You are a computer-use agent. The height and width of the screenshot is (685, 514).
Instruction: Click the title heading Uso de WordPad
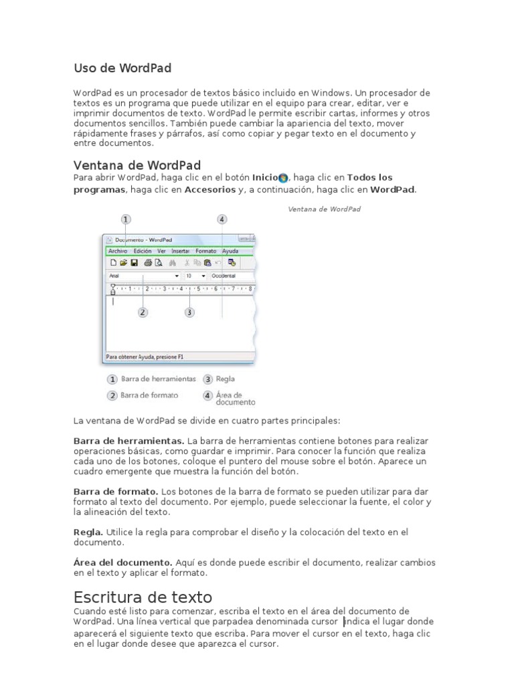click(122, 68)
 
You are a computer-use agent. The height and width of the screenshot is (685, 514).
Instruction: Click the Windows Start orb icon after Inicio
click(283, 178)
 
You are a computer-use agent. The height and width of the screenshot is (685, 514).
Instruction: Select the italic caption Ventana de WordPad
click(324, 209)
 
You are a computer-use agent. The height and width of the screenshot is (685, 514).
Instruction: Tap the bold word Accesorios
click(209, 190)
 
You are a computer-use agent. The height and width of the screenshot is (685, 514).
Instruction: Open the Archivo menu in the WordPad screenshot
click(117, 251)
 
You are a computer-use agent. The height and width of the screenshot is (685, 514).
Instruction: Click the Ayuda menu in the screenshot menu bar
click(230, 251)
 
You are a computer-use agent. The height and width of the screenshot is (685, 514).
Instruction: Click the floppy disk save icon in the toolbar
click(134, 263)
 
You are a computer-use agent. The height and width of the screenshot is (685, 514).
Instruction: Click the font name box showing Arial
click(141, 276)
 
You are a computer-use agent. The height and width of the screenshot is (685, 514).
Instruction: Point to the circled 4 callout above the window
click(222, 219)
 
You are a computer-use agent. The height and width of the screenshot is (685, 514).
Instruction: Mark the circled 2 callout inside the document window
click(143, 312)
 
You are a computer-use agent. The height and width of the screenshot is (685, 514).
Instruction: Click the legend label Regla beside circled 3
click(226, 379)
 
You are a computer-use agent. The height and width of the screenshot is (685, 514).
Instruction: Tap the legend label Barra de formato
click(149, 395)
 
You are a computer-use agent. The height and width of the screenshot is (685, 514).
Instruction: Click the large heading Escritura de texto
click(143, 597)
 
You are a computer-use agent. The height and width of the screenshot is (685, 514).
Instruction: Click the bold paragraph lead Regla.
click(88, 532)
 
